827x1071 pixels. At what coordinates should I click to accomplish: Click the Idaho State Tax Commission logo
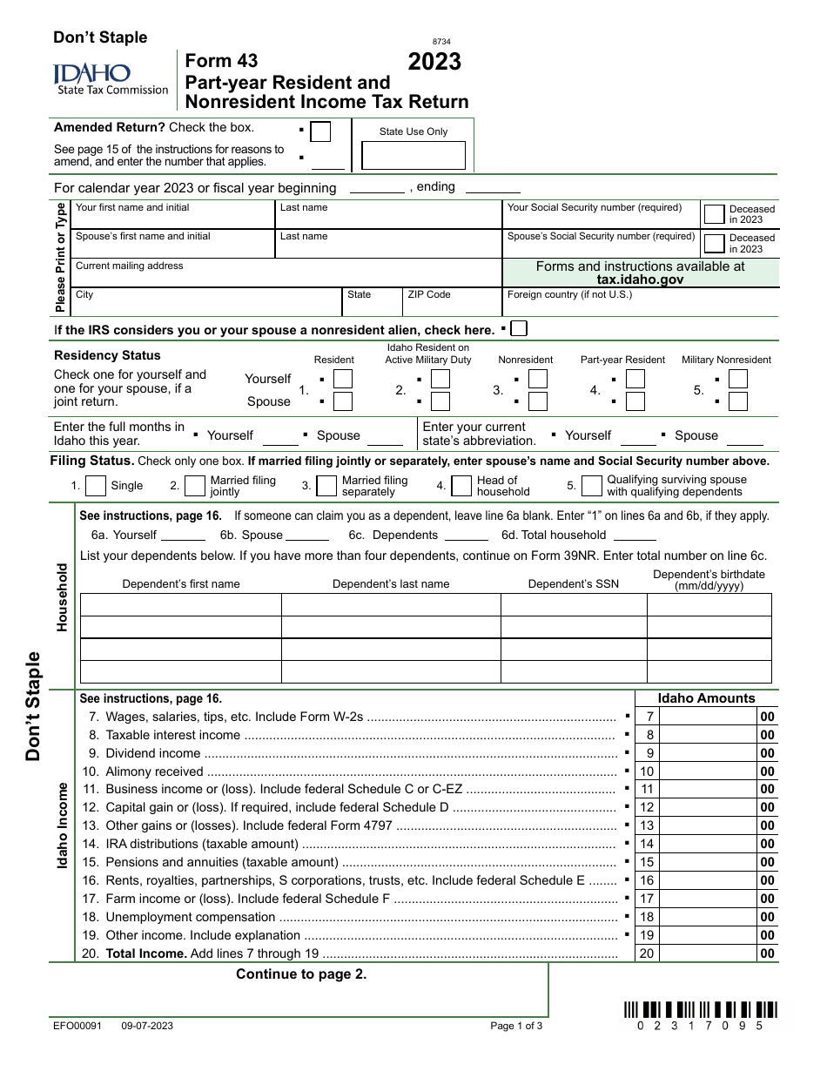click(111, 78)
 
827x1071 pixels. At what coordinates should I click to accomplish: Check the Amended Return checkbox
click(320, 131)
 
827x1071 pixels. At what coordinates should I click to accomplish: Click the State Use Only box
click(413, 155)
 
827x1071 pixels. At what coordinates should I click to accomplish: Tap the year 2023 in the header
click(434, 62)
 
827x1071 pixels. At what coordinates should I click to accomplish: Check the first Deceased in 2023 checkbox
click(714, 214)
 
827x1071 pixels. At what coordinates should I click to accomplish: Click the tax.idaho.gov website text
click(640, 280)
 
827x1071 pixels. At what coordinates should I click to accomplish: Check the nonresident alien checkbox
click(519, 329)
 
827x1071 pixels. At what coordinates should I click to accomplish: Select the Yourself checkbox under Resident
click(343, 379)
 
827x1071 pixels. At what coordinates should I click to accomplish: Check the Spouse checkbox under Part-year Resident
click(635, 401)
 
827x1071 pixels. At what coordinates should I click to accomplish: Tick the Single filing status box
click(96, 486)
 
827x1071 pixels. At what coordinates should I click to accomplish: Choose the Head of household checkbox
click(461, 486)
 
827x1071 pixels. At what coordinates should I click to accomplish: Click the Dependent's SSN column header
click(573, 583)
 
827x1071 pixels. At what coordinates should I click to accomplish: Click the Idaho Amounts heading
click(706, 698)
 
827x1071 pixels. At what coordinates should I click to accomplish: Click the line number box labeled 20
click(647, 953)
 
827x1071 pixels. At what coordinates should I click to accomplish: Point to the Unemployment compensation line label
click(191, 917)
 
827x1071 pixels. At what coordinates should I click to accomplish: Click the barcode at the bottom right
click(700, 1010)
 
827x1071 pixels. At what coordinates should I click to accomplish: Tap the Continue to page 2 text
click(301, 974)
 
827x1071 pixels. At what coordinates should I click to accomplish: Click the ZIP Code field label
click(429, 294)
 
